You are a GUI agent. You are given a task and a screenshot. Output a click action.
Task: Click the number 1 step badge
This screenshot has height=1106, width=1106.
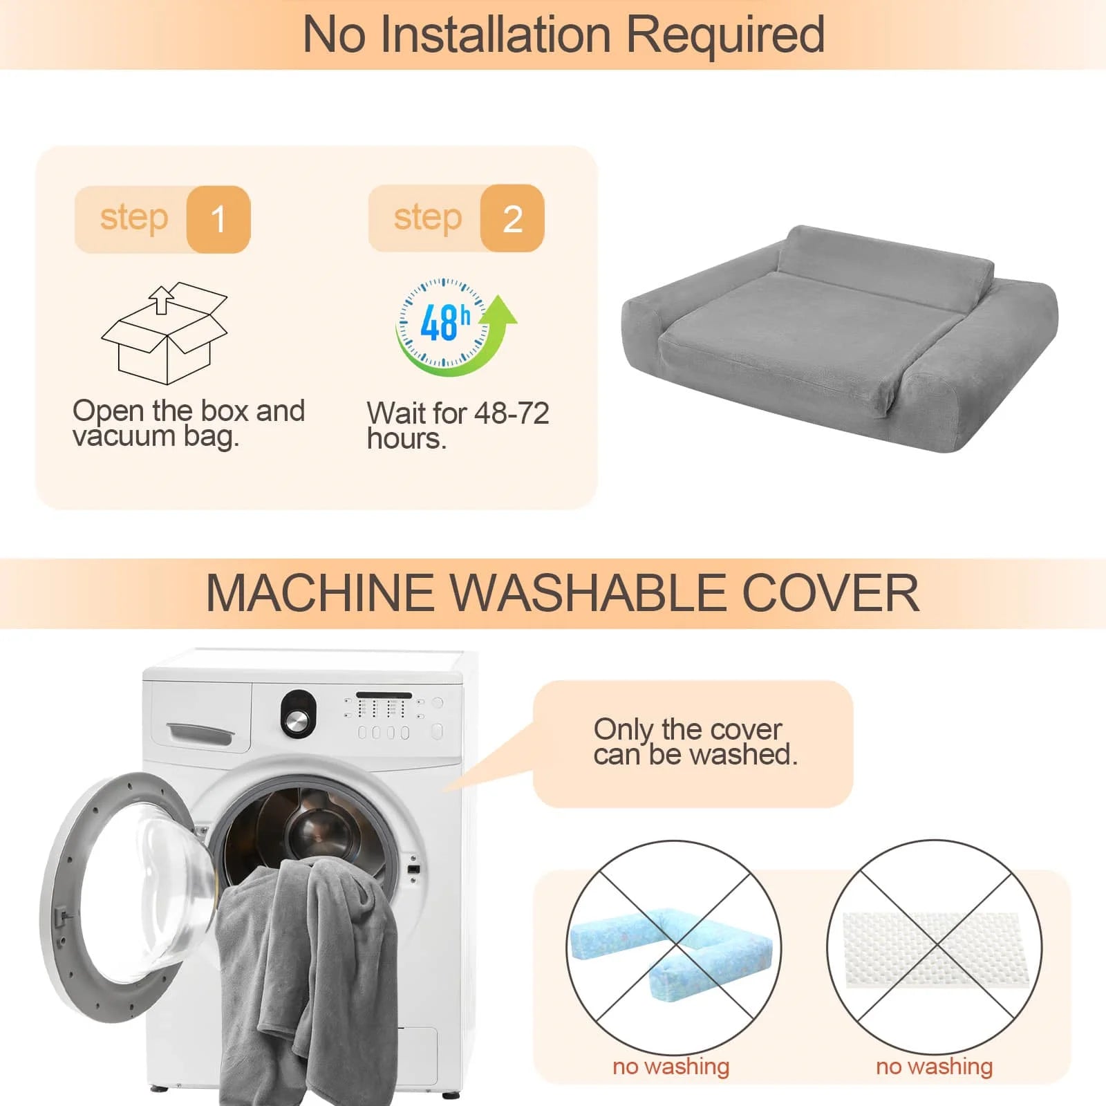tap(218, 219)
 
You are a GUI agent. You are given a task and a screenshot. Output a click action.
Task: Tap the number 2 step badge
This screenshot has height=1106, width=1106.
tap(512, 218)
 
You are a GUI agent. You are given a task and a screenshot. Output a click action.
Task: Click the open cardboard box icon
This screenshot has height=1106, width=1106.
tap(165, 333)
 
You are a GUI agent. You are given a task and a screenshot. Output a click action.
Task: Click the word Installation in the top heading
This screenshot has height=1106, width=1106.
tap(496, 34)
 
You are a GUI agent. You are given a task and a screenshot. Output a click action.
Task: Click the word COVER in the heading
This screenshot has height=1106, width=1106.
tap(830, 593)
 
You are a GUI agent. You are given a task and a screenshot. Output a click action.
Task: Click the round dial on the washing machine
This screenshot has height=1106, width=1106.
tap(299, 714)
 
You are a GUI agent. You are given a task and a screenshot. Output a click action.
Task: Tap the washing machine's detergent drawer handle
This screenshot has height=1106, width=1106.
tap(199, 733)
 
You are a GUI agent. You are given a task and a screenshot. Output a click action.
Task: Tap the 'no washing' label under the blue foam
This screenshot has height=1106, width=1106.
tap(671, 1066)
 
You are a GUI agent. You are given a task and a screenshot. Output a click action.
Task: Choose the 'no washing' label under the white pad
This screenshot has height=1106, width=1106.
tap(934, 1066)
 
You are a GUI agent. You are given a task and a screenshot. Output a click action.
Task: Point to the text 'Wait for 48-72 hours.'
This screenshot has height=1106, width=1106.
tap(458, 426)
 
